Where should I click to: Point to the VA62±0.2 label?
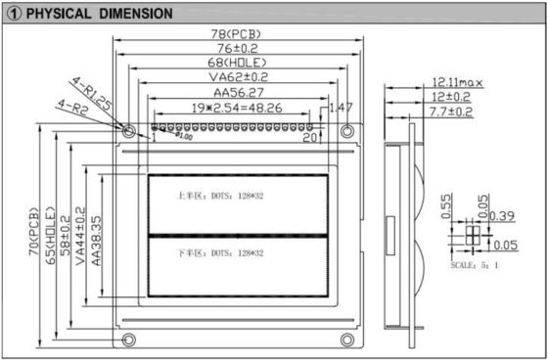coord(238,77)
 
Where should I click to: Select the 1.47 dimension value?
coord(342,107)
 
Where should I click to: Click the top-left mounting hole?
coord(129,130)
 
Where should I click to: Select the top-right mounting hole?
coord(347,130)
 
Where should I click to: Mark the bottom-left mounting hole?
coord(129,338)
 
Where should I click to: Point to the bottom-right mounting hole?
coord(347,338)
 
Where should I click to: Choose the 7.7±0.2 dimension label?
coord(451,112)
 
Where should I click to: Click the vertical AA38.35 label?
coord(97,238)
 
